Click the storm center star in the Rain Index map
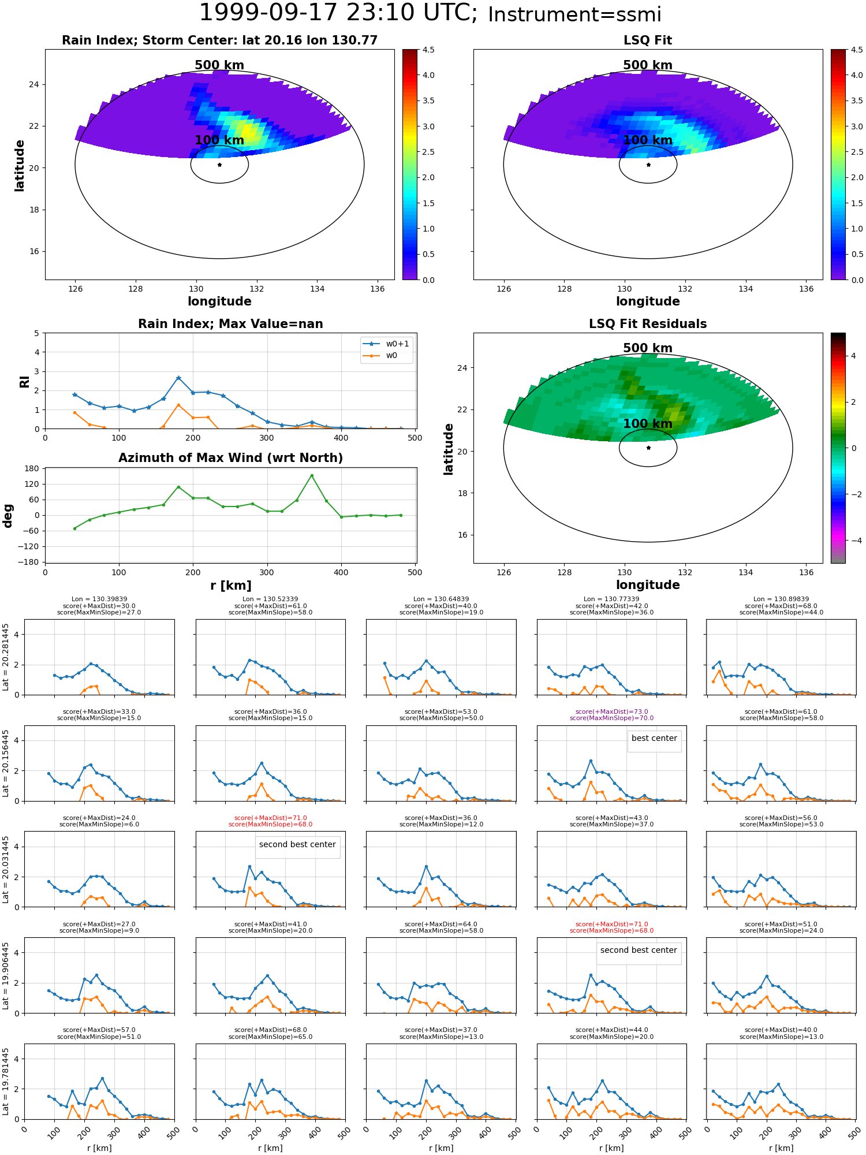pyautogui.click(x=219, y=165)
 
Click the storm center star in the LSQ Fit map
pyautogui.click(x=648, y=165)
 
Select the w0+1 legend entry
pyautogui.click(x=386, y=344)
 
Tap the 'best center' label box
pyautogui.click(x=654, y=739)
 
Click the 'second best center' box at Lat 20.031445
pyautogui.click(x=297, y=845)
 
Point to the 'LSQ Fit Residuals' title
pyautogui.click(x=648, y=324)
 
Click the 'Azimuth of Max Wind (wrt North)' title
pyautogui.click(x=230, y=458)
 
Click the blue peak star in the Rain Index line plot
pyautogui.click(x=178, y=378)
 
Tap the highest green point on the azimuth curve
pyautogui.click(x=312, y=476)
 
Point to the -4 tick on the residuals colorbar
pyautogui.click(x=853, y=541)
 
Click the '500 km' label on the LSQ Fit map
pyautogui.click(x=648, y=65)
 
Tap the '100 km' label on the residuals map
pyautogui.click(x=648, y=424)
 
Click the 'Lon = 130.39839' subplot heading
pyautogui.click(x=99, y=599)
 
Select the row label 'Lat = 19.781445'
pyautogui.click(x=6, y=1081)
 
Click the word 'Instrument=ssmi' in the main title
pyautogui.click(x=574, y=15)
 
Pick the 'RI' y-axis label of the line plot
pyautogui.click(x=24, y=381)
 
